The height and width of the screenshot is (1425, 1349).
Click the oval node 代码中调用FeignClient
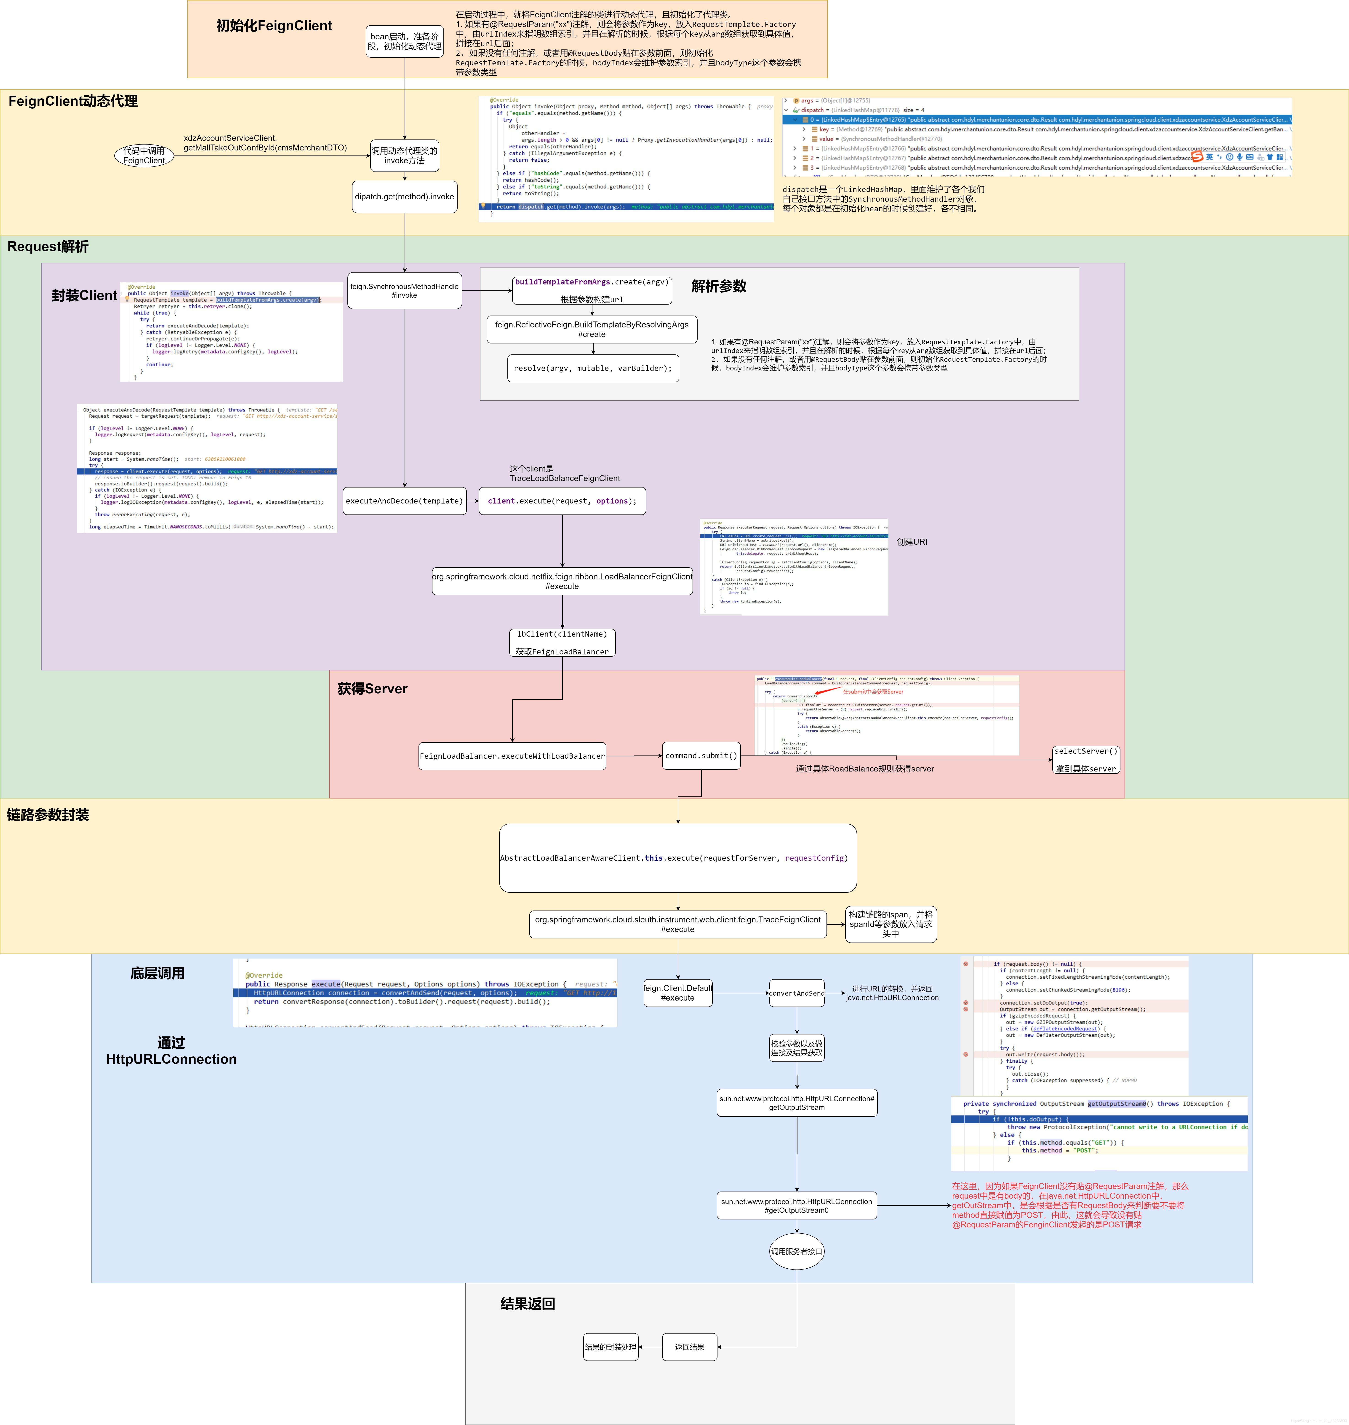tap(144, 155)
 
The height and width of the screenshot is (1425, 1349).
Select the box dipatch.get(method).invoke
tap(404, 196)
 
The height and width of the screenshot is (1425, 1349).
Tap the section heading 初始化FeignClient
tap(274, 26)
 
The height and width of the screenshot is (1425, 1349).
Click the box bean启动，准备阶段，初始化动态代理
tap(404, 41)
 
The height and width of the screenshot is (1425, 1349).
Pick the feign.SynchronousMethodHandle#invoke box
tap(404, 291)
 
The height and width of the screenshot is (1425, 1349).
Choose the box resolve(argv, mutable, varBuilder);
tap(592, 368)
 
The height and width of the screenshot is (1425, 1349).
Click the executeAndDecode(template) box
tap(404, 501)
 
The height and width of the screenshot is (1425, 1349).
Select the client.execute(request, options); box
tap(562, 501)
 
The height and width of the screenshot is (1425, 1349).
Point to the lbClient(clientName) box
tap(562, 642)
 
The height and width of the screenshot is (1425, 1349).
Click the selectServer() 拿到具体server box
tap(1086, 760)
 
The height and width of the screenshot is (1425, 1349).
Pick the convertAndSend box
tap(797, 993)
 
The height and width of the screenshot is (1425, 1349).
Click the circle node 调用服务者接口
tap(797, 1252)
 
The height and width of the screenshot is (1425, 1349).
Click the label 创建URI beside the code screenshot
tap(912, 542)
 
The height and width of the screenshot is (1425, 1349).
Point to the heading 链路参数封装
tap(48, 815)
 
